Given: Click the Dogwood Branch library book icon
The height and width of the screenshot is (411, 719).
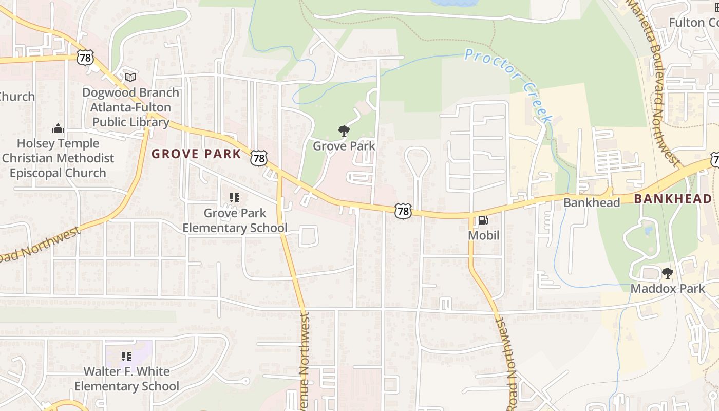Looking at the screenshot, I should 131,77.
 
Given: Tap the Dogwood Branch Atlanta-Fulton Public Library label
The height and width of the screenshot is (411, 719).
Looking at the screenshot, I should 130,107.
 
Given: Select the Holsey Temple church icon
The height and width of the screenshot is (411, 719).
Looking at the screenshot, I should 58,128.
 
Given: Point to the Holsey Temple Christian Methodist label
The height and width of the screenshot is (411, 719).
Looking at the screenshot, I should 58,151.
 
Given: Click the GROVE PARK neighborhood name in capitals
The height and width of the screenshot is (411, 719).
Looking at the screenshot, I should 196,154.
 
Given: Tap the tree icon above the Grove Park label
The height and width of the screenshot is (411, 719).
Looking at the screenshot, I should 344,131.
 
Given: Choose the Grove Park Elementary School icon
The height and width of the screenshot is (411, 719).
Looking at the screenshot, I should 235,198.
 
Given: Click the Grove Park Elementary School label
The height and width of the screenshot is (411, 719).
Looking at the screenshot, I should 235,220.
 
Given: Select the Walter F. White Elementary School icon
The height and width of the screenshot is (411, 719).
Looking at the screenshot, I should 126,356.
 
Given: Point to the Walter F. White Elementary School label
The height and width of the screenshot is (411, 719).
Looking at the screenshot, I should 126,379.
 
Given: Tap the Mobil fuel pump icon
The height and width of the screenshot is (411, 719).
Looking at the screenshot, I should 483,221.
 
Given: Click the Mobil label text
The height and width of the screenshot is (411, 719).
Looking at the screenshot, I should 483,236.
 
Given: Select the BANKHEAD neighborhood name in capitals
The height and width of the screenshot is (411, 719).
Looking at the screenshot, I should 673,199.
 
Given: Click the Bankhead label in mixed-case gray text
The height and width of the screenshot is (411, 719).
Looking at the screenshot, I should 592,202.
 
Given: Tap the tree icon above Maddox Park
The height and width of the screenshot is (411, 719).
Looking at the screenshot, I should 667,273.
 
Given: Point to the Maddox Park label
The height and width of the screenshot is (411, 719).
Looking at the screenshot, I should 668,289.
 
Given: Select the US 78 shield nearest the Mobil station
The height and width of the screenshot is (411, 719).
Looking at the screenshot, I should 403,211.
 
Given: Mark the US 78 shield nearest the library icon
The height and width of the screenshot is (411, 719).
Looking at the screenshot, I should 85,58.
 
